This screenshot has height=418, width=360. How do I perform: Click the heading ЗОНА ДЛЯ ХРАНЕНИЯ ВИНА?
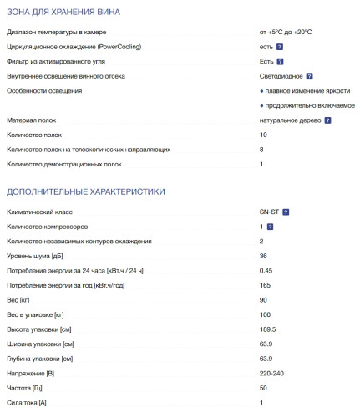pyautogui.click(x=63, y=13)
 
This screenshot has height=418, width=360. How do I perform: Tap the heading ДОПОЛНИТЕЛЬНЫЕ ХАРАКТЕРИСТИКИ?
pyautogui.click(x=86, y=192)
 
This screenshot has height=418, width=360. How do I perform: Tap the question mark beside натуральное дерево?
pyautogui.click(x=327, y=120)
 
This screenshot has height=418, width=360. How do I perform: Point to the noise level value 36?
pyautogui.click(x=263, y=256)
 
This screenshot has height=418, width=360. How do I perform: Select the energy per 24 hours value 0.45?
pyautogui.click(x=266, y=270)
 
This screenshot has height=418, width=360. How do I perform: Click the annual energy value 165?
pyautogui.click(x=265, y=285)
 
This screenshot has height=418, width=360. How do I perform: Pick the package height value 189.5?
pyautogui.click(x=268, y=329)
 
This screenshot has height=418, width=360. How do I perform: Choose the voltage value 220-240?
pyautogui.click(x=273, y=374)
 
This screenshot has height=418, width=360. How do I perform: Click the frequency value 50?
pyautogui.click(x=263, y=389)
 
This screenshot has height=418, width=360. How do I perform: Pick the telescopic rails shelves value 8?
pyautogui.click(x=262, y=150)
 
